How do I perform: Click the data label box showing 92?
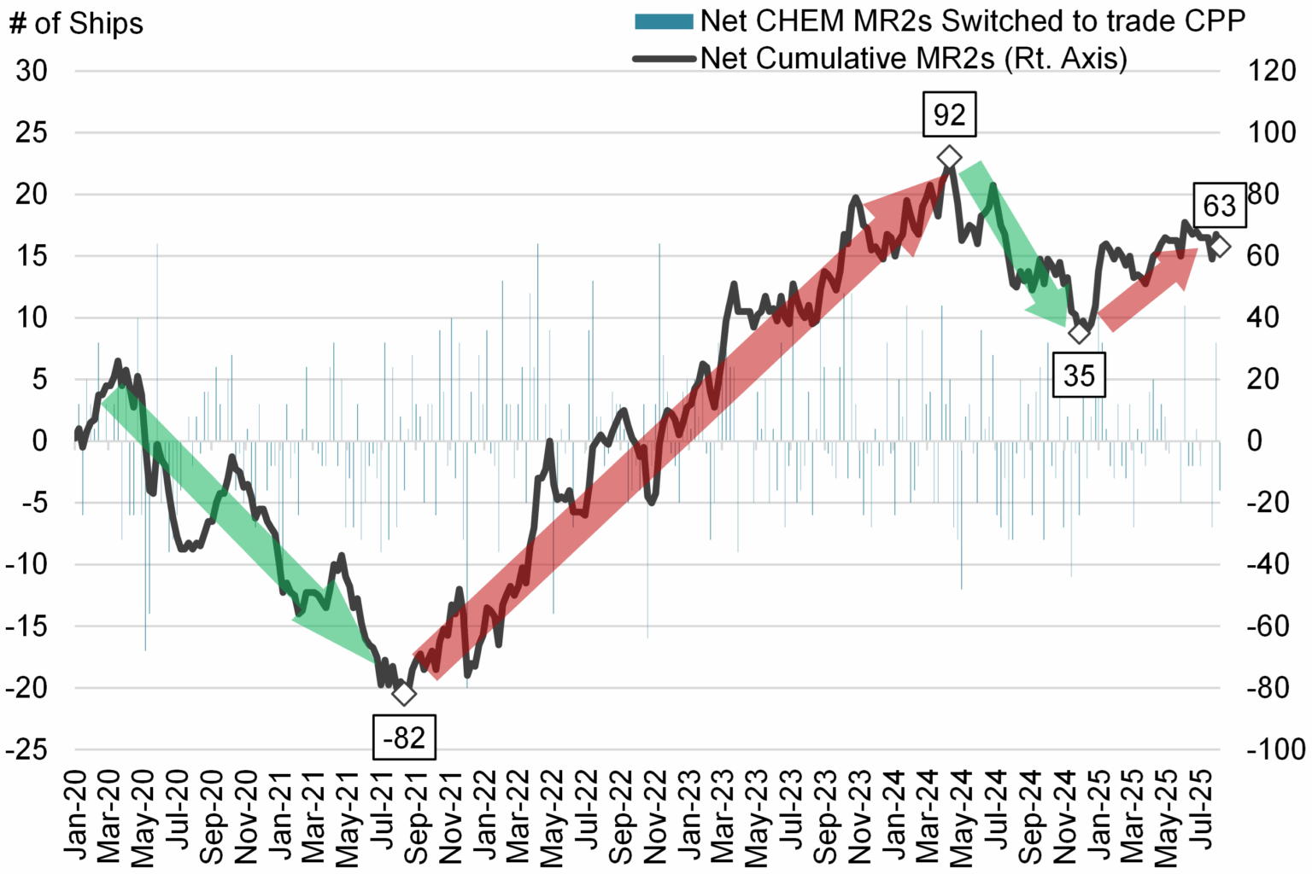pyautogui.click(x=949, y=115)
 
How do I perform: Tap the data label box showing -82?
pyautogui.click(x=404, y=737)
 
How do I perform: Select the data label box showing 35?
pyautogui.click(x=1079, y=376)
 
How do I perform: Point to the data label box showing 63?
pyautogui.click(x=1219, y=206)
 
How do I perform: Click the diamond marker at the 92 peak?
pyautogui.click(x=949, y=158)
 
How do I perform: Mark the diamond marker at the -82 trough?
pyautogui.click(x=404, y=693)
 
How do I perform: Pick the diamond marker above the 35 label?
pyautogui.click(x=1080, y=332)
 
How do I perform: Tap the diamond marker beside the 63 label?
pyautogui.click(x=1220, y=246)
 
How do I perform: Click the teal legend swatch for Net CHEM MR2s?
pyautogui.click(x=664, y=21)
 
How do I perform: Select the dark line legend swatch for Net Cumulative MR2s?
pyautogui.click(x=664, y=59)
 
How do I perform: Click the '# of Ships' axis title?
pyautogui.click(x=76, y=23)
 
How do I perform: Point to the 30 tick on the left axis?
pyautogui.click(x=32, y=71)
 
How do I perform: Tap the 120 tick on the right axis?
pyautogui.click(x=1272, y=71)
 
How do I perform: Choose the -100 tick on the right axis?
pyautogui.click(x=1275, y=749)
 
